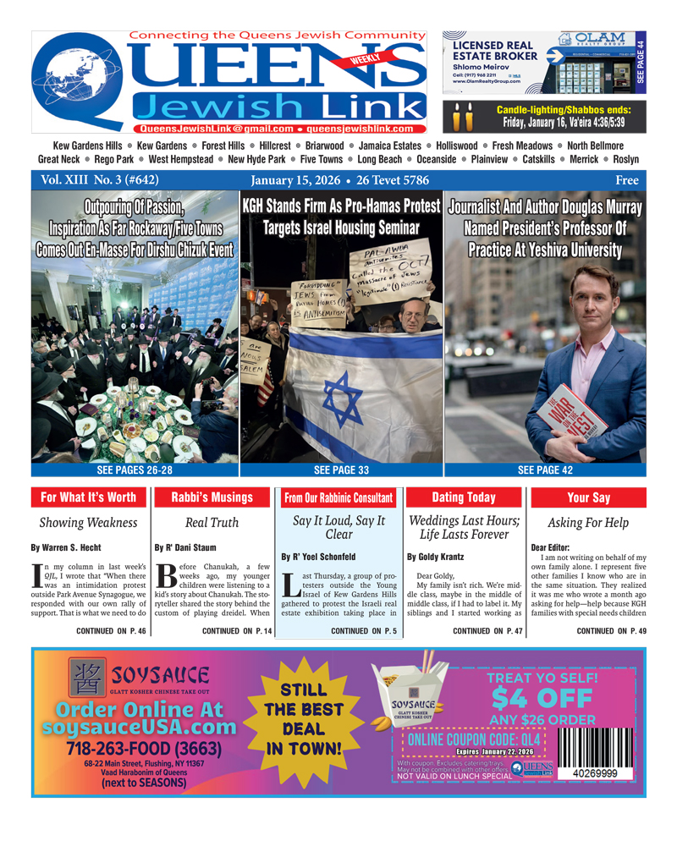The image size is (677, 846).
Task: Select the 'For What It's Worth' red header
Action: [88, 497]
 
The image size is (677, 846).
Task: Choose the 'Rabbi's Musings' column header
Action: [212, 497]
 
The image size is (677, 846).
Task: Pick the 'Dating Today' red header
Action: [464, 497]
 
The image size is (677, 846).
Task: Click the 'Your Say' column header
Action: [589, 498]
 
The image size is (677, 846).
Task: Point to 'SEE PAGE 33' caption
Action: [341, 470]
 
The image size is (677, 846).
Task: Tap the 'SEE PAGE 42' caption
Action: [545, 470]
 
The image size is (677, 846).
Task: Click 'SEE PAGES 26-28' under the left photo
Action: [135, 470]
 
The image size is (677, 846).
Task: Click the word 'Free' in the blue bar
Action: [626, 181]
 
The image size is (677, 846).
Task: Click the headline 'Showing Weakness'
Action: [88, 523]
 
